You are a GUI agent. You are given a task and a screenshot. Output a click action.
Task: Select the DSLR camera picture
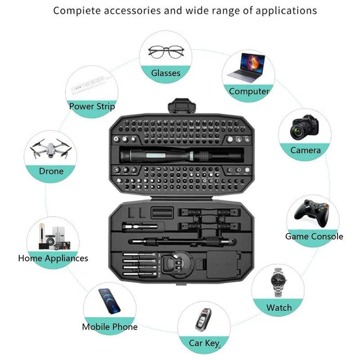(x=305, y=127)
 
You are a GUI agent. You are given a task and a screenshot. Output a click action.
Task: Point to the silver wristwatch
(x=279, y=282)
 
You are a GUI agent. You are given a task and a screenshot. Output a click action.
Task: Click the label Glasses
(x=166, y=73)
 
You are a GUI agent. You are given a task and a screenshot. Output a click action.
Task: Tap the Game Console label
(x=314, y=236)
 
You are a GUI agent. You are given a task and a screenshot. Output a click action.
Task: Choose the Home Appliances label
(x=53, y=258)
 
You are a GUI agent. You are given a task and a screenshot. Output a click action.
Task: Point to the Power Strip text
(x=92, y=107)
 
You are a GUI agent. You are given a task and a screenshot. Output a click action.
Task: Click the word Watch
(x=279, y=308)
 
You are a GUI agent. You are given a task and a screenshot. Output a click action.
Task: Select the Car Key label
(x=204, y=343)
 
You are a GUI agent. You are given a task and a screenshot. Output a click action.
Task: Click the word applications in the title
(x=286, y=10)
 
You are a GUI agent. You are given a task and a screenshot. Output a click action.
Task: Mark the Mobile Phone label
(x=110, y=327)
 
